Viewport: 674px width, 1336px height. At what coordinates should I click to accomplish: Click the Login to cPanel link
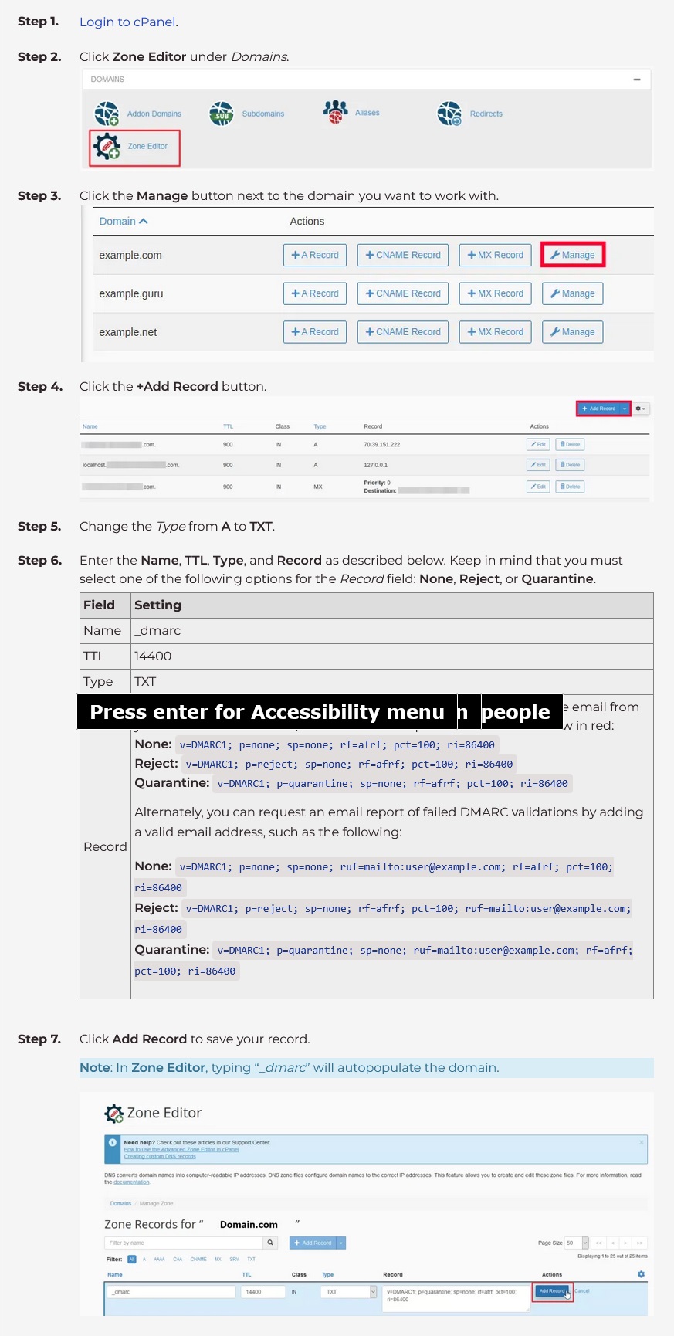128,22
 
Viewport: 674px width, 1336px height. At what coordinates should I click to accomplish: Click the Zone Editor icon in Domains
107,146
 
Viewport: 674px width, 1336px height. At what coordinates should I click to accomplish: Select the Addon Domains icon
107,114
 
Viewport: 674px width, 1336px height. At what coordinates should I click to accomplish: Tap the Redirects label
486,114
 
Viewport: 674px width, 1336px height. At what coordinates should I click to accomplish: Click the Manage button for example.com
572,255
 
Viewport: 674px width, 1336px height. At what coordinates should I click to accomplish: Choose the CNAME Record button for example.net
402,332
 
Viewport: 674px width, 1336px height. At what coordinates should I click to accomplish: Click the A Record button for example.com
315,255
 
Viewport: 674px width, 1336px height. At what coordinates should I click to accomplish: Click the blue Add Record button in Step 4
603,409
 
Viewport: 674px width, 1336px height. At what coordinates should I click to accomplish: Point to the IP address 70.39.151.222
381,445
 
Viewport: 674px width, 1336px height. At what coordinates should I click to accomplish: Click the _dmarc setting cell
157,630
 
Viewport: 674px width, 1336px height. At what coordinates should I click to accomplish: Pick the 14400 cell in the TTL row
153,656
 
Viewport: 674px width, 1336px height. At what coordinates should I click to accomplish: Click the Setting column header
157,605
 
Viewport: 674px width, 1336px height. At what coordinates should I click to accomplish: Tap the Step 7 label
39,1039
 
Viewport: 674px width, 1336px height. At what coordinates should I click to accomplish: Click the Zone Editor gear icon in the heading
113,1113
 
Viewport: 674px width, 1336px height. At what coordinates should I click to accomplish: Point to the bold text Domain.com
249,1224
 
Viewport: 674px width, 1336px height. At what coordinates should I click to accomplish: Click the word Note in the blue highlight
95,1067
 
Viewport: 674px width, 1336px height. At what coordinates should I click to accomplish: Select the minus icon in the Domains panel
636,80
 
